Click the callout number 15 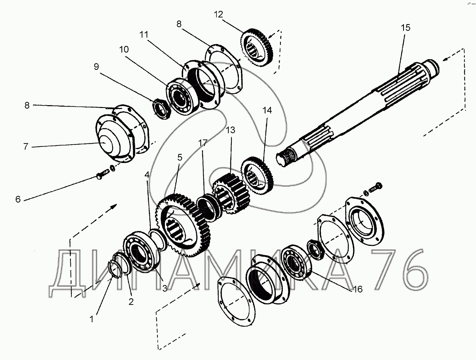[x=406, y=28]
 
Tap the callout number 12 [x=218, y=14]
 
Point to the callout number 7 [x=26, y=146]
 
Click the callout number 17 [x=203, y=143]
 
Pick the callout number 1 [x=91, y=319]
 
